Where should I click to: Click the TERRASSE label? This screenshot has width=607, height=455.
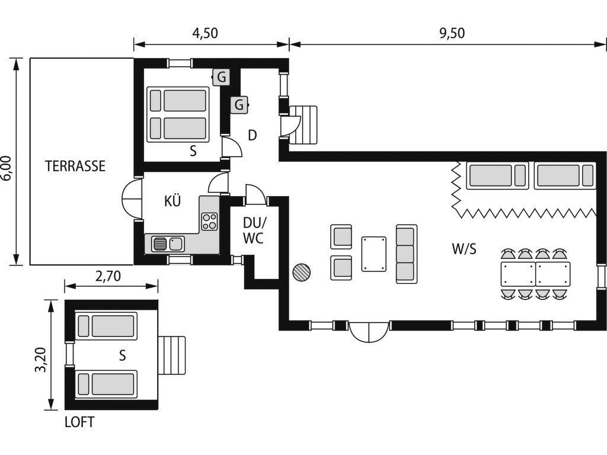point(75,166)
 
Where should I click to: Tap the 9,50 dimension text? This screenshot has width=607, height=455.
point(452,33)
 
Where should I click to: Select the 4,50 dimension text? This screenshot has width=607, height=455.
point(205,33)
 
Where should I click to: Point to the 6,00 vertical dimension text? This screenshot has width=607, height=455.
point(7,168)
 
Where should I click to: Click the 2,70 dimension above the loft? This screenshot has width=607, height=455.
point(108,276)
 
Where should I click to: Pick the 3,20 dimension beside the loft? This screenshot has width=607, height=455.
point(41,360)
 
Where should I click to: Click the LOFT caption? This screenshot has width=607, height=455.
point(79,422)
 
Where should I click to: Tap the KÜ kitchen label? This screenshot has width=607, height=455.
point(172,201)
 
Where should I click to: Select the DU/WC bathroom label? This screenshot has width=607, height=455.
point(254,230)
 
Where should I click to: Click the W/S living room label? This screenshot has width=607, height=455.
point(464,249)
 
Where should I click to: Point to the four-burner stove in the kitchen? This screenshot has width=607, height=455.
point(209,222)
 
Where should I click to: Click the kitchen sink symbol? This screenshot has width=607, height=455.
point(168,243)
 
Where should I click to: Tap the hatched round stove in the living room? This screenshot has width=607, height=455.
point(302,273)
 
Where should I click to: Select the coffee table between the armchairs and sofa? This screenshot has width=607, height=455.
point(374,254)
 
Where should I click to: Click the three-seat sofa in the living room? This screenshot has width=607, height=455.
point(407,254)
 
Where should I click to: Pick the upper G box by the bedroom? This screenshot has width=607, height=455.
point(221,77)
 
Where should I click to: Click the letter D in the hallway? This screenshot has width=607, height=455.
point(252,136)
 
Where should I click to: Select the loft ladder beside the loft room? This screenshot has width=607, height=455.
point(171,355)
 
